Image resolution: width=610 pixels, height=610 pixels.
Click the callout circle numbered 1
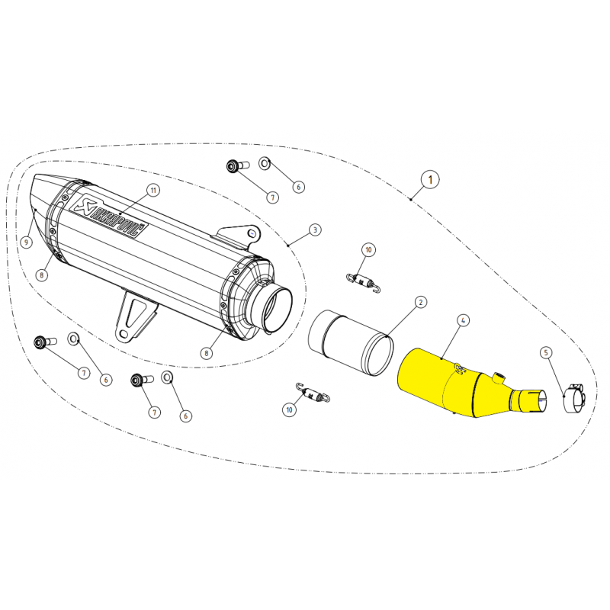(430, 180)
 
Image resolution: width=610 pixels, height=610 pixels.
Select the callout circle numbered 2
(421, 302)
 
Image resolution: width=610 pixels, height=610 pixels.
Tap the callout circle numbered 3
(315, 230)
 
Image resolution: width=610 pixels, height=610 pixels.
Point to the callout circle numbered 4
(463, 320)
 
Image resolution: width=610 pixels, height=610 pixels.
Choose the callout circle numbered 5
(546, 353)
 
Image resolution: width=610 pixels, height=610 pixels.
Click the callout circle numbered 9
(26, 242)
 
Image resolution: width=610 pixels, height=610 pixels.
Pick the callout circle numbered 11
(153, 190)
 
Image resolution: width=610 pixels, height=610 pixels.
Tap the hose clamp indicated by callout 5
(574, 398)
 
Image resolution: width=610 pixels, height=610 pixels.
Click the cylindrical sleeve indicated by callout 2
(351, 343)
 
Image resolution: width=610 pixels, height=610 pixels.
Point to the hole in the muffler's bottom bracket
(124, 334)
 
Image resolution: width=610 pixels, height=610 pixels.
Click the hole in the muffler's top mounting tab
(252, 233)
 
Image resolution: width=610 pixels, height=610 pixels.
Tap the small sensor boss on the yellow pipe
(499, 377)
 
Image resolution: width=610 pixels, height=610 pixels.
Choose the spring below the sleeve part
(313, 393)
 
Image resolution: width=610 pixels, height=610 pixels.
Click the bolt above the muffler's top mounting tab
(237, 166)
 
